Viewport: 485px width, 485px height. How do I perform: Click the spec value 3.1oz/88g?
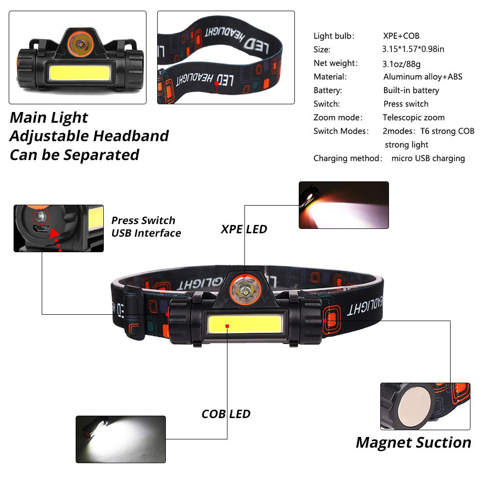(401, 64)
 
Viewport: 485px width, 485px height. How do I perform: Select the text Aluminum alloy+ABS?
(423, 77)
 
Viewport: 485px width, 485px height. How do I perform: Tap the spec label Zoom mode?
(338, 117)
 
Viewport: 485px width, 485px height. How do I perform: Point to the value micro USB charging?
(428, 159)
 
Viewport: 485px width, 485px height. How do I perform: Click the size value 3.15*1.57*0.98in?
(413, 49)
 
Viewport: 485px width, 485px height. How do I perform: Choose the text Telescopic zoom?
(414, 117)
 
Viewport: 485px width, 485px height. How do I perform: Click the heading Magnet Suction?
(414, 442)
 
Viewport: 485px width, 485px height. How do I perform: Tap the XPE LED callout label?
(244, 229)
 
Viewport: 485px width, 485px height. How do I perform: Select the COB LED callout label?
(226, 414)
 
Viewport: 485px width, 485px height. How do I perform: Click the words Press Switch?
(143, 220)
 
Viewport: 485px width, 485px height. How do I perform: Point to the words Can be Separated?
(75, 155)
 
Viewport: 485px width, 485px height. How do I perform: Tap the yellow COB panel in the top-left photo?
(80, 72)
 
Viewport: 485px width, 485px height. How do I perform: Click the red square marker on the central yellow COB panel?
(227, 326)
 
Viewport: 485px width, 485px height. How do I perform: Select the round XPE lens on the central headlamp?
(245, 291)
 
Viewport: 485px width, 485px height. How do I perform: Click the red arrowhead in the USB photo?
(55, 233)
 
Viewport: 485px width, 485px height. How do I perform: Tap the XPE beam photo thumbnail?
(344, 205)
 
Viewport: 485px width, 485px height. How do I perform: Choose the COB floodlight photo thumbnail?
(121, 439)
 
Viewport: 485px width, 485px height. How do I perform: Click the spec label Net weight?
(336, 63)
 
